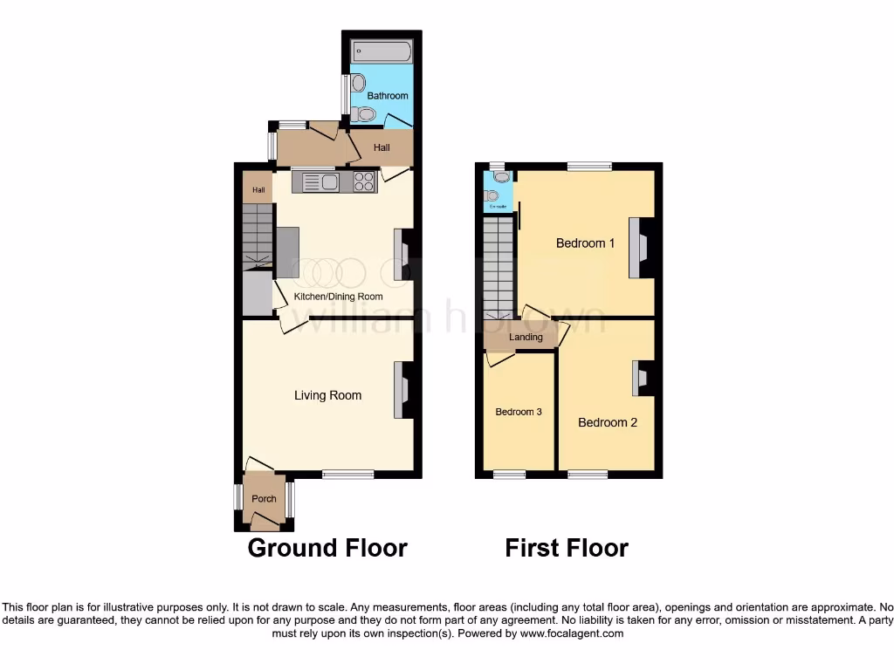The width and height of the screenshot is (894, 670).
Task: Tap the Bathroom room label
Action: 387,96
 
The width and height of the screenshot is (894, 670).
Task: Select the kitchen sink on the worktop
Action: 325,181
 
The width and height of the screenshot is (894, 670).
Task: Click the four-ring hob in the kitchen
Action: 365,181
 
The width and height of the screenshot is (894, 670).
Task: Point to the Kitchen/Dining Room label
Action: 338,297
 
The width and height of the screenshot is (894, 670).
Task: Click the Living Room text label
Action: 327,395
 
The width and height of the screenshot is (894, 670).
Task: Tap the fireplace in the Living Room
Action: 403,390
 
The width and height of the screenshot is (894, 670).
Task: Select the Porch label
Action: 264,499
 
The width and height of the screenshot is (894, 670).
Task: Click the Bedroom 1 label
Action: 586,243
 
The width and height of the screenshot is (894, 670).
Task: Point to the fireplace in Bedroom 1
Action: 642,247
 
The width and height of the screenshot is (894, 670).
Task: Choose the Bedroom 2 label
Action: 608,422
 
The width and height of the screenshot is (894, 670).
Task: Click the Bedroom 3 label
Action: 519,412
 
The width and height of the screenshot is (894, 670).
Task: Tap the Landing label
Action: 526,337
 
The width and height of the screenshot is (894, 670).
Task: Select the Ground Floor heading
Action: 327,548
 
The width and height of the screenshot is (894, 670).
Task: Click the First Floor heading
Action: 567,548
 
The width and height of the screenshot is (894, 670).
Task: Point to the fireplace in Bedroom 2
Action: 640,378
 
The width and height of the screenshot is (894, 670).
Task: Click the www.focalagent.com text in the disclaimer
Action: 571,633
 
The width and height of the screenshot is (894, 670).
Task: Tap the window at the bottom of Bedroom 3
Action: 510,475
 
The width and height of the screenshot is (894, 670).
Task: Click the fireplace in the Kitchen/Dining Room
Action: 402,255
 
